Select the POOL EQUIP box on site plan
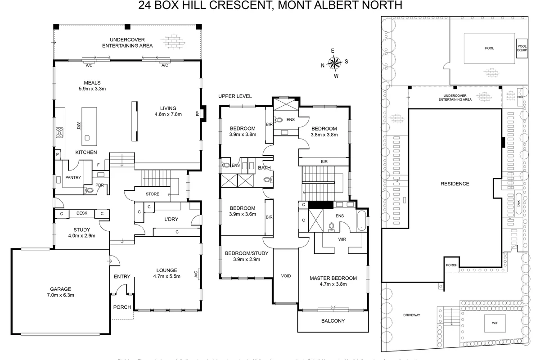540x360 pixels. coord(522,48)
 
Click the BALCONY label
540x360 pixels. coord(333,321)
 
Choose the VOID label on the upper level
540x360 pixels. coord(286,276)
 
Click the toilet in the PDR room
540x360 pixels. coord(89,190)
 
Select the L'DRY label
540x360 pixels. coord(172,219)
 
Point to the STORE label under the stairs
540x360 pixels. coord(153,194)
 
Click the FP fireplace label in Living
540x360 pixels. coord(197,114)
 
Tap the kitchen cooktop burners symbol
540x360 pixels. coord(59,133)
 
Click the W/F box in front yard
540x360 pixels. coord(495,323)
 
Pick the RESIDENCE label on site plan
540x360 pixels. coord(454,184)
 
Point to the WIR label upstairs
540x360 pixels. coord(342,239)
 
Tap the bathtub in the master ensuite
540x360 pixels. coord(362,220)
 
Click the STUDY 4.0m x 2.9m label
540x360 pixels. coord(81,233)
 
